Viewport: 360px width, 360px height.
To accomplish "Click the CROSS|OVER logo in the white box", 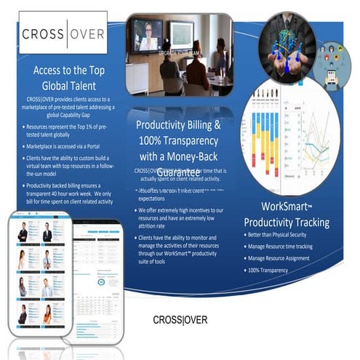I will tap(62, 33).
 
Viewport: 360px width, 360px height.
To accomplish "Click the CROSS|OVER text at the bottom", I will tap(180, 320).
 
